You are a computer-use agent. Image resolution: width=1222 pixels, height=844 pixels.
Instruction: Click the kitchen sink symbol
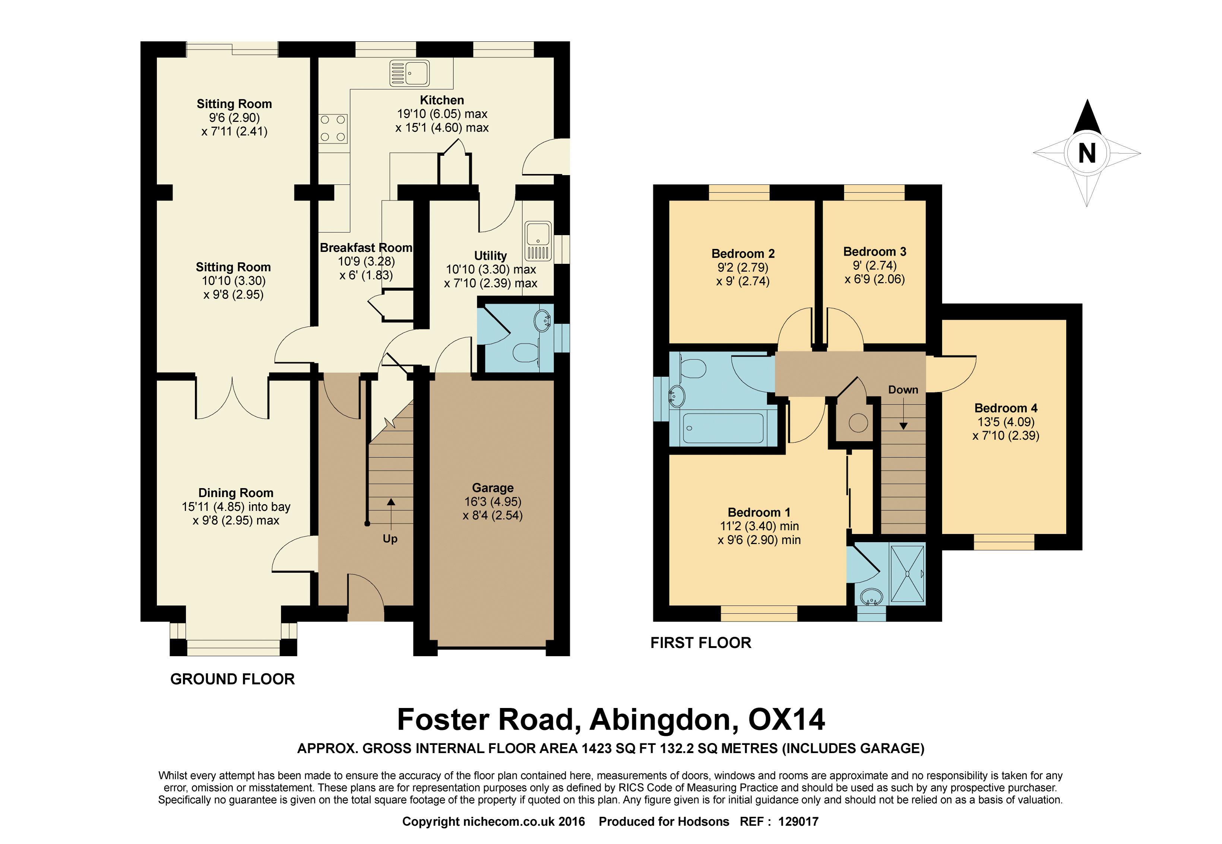click(409, 73)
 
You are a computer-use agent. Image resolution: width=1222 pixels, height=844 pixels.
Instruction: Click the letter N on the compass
click(1087, 154)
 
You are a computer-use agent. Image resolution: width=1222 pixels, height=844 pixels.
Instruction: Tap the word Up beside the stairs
click(390, 539)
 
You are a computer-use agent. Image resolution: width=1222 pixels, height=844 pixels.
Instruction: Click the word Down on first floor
click(903, 390)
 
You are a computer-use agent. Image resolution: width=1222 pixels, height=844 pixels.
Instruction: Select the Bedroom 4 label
click(1006, 408)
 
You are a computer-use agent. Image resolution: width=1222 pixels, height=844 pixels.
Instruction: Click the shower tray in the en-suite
click(908, 574)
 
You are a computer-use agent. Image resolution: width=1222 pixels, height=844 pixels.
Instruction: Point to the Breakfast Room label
click(366, 247)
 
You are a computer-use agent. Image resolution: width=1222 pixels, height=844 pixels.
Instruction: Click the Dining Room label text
click(236, 493)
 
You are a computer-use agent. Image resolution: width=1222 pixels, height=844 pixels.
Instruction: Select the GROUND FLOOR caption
click(232, 679)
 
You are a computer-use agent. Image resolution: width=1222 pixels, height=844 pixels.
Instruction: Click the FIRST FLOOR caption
click(701, 642)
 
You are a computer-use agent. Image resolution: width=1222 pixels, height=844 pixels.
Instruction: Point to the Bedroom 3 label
click(875, 252)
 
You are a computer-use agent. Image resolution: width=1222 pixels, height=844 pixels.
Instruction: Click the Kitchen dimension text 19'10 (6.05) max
click(442, 114)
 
